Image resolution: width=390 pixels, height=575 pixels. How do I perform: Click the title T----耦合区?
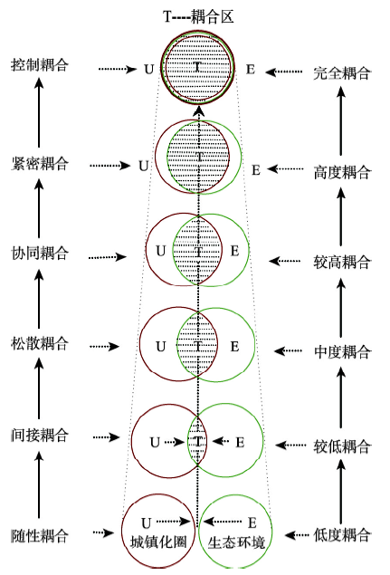198,16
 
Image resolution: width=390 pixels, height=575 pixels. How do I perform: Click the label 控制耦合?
40,64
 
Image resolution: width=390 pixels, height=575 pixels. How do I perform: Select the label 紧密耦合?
40,163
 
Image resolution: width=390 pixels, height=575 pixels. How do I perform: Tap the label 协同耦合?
40,253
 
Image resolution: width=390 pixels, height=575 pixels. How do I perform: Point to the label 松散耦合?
40,343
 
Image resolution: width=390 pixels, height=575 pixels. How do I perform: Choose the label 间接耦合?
40,436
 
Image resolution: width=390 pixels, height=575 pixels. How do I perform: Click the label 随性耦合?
40,535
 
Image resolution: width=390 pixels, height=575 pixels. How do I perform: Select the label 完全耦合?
342,73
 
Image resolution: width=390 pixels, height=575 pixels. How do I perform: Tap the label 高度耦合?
342,172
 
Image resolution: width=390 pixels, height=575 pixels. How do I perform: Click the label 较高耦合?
342,263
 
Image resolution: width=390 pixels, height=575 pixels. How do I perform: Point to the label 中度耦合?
342,352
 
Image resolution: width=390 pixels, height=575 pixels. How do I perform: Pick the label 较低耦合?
342,446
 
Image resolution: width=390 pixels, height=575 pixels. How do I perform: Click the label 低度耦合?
342,535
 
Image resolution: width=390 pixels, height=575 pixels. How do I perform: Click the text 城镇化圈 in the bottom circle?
158,542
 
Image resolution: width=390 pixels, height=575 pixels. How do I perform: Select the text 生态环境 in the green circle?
236,542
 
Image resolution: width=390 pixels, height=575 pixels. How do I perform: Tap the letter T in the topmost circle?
197,67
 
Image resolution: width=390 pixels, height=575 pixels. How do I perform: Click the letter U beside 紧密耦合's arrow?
144,166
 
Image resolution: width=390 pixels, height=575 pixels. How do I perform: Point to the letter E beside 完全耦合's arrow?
251,70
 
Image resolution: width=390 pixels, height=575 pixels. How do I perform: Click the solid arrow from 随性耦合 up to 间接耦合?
39,484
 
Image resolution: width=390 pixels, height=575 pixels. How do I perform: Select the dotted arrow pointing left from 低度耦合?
298,535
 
